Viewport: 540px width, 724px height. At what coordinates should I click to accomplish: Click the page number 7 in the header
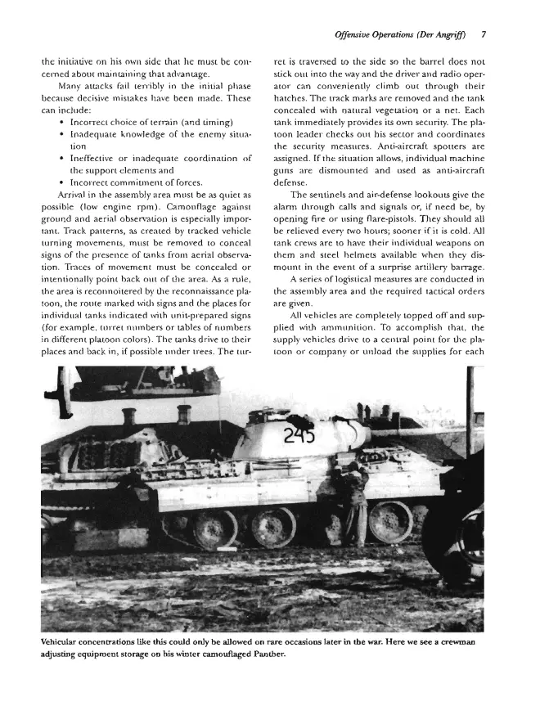point(484,35)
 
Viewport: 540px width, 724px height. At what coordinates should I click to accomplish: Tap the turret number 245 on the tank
point(299,435)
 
